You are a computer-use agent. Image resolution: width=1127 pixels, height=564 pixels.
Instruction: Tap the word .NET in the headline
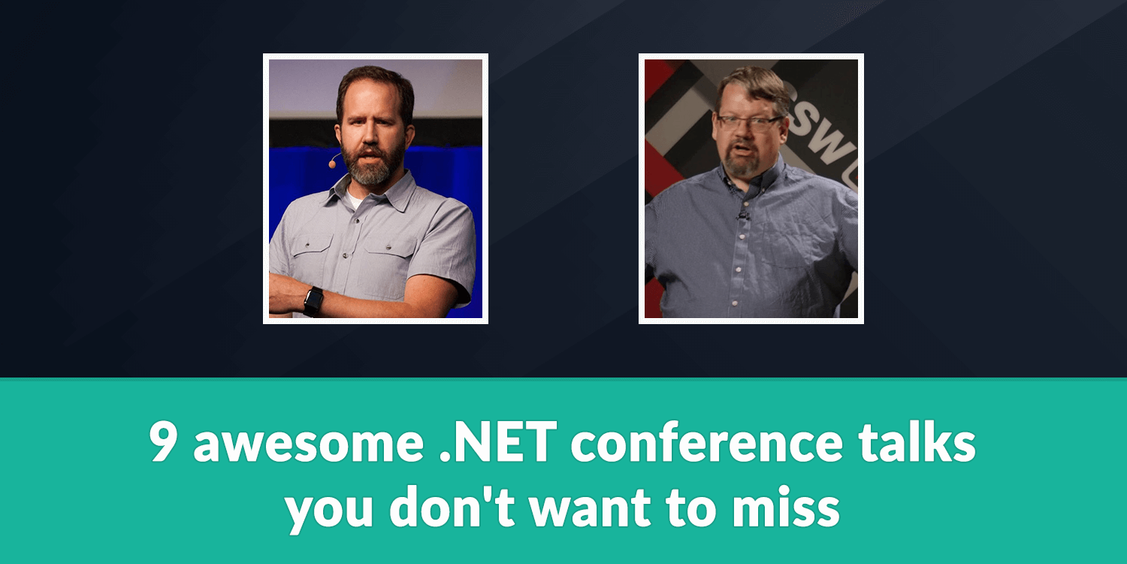(498, 441)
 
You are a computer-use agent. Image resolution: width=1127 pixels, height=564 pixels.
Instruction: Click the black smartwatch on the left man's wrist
(313, 301)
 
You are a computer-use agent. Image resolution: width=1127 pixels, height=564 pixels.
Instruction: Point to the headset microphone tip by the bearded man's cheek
(332, 164)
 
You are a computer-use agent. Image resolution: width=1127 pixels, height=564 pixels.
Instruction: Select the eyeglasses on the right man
(750, 123)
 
